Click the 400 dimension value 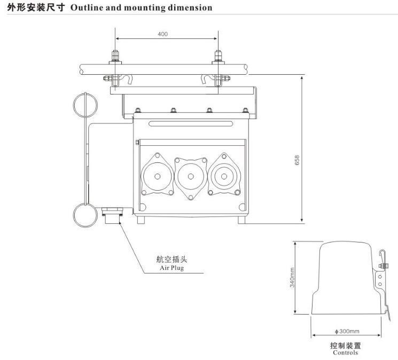163,34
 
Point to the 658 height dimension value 297,160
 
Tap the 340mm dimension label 292,278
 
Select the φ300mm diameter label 347,331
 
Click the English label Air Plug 172,268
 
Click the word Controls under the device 346,353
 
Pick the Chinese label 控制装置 346,345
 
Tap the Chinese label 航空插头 172,259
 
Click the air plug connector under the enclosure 112,216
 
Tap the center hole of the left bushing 158,176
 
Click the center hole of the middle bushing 191,176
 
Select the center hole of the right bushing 224,176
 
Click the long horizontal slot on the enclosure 191,123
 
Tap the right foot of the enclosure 241,220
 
